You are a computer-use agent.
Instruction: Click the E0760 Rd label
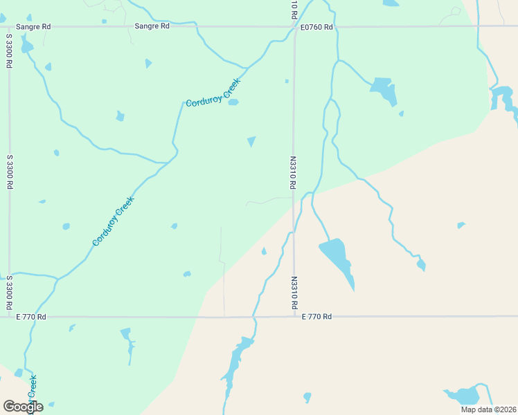pyautogui.click(x=316, y=27)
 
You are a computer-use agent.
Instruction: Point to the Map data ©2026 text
pyautogui.click(x=488, y=409)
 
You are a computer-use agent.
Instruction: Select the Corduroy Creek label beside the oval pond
pyautogui.click(x=213, y=93)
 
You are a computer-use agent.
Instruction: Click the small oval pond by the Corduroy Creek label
pyautogui.click(x=233, y=102)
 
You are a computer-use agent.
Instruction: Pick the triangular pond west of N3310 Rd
pyautogui.click(x=251, y=141)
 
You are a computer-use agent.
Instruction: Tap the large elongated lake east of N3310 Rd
pyautogui.click(x=337, y=259)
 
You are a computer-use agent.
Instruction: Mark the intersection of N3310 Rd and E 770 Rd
pyautogui.click(x=294, y=317)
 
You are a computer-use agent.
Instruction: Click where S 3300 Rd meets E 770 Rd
pyautogui.click(x=9, y=317)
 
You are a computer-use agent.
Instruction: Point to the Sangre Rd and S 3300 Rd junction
pyautogui.click(x=9, y=26)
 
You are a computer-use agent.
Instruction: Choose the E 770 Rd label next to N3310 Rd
pyautogui.click(x=316, y=317)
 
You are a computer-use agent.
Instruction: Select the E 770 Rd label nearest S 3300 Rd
pyautogui.click(x=31, y=317)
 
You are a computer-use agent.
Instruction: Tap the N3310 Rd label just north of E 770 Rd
pyautogui.click(x=294, y=293)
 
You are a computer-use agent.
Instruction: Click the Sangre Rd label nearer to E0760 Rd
pyautogui.click(x=152, y=26)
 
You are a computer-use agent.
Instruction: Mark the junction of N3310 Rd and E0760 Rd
pyautogui.click(x=294, y=27)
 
